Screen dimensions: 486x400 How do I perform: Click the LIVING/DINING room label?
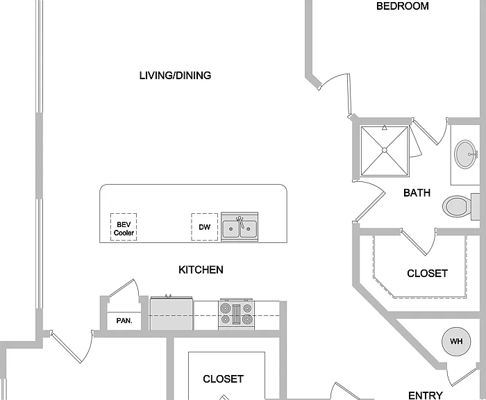pyautogui.click(x=175, y=76)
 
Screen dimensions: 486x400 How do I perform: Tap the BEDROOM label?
pyautogui.click(x=402, y=6)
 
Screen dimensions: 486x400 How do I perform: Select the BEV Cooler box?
pyautogui.click(x=124, y=227)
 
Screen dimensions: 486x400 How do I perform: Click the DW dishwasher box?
pyautogui.click(x=205, y=227)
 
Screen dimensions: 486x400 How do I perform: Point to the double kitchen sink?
pyautogui.click(x=240, y=227)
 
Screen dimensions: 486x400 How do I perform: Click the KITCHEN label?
pyautogui.click(x=201, y=269)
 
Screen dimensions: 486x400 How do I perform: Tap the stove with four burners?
pyautogui.click(x=237, y=315)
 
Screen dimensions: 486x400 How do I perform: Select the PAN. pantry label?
pyautogui.click(x=124, y=321)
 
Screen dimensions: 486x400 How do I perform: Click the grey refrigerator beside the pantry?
pyautogui.click(x=171, y=313)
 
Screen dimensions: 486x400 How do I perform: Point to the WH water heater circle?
pyautogui.click(x=456, y=342)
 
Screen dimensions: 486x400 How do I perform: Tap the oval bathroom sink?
pyautogui.click(x=466, y=154)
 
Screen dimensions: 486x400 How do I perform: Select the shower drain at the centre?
pyautogui.click(x=385, y=150)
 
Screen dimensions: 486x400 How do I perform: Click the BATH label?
pyautogui.click(x=417, y=193)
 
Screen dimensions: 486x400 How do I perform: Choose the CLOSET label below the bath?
pyautogui.click(x=427, y=274)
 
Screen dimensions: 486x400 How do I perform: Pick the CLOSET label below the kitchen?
pyautogui.click(x=223, y=379)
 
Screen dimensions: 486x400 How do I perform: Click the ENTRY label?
pyautogui.click(x=425, y=395)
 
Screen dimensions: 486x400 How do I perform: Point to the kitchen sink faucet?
pyautogui.click(x=240, y=222)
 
